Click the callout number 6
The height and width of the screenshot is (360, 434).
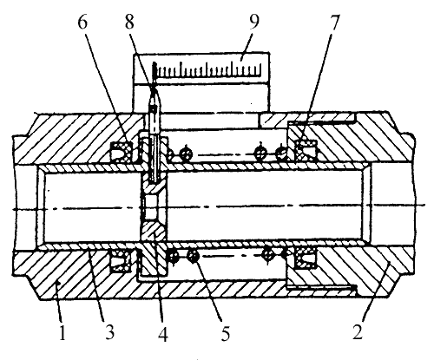coord(82,23)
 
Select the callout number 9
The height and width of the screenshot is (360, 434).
coord(253,23)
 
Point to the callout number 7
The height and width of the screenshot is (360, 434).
coord(334,23)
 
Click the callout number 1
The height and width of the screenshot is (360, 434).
coord(62,331)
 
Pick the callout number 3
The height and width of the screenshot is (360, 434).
coord(109,331)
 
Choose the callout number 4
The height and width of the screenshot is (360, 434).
coord(163,333)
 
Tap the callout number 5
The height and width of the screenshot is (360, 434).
coord(226,333)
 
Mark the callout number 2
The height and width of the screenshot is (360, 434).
coord(358,331)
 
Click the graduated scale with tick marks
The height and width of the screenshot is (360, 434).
coord(207,69)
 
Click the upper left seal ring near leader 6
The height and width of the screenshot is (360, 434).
coord(121,151)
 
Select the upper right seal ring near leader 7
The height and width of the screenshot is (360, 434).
coord(306,149)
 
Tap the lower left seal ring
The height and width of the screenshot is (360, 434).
coord(121,260)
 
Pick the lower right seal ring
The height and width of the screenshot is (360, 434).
coord(305,258)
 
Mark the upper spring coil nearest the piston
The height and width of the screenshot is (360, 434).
coord(186,153)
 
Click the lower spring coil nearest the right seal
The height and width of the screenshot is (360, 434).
coord(286,254)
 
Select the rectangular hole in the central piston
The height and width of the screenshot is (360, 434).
coord(149,206)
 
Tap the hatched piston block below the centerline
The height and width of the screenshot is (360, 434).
coord(154,232)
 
